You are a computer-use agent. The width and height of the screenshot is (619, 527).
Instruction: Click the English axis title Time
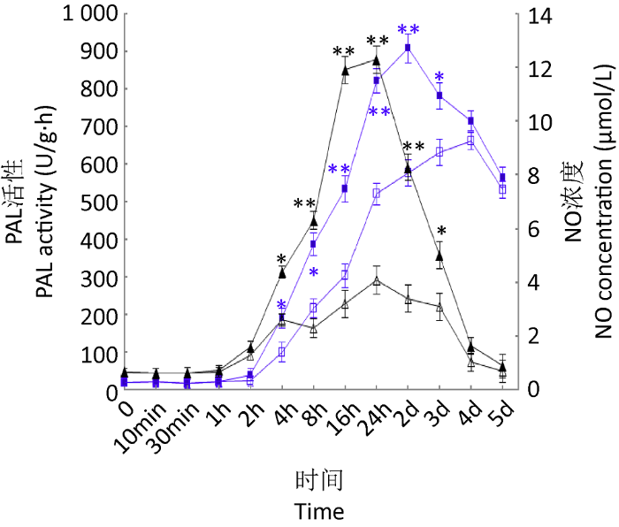pyautogui.click(x=319, y=511)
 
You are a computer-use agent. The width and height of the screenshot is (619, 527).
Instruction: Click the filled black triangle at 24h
pyautogui.click(x=377, y=60)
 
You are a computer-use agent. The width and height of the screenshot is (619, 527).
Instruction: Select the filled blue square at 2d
pyautogui.click(x=408, y=48)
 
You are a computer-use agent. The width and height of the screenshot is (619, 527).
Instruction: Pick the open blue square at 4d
pyautogui.click(x=471, y=141)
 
